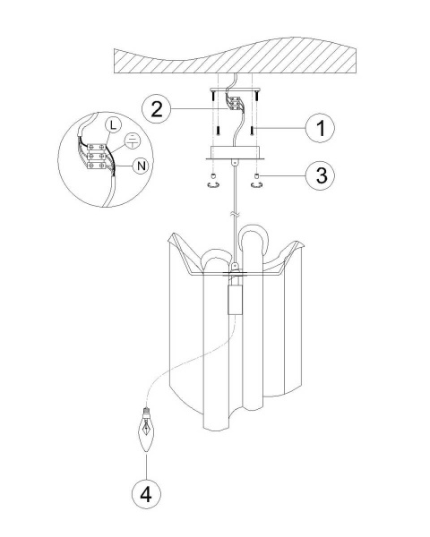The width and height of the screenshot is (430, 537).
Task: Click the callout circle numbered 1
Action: (x=320, y=128)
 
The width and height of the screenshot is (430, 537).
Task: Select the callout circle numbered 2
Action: (x=157, y=109)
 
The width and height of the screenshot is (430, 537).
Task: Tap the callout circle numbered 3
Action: (x=320, y=175)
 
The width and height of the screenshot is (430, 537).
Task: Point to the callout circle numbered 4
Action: (x=146, y=494)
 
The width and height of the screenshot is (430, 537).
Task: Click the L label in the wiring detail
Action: (x=113, y=125)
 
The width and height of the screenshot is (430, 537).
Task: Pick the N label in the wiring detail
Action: (x=141, y=166)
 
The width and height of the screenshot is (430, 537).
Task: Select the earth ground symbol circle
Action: (x=132, y=141)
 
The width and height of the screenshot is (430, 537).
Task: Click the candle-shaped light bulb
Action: (x=146, y=429)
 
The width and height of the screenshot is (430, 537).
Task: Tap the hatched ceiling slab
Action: (x=235, y=55)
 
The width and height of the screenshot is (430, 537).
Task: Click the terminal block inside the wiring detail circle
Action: (x=97, y=157)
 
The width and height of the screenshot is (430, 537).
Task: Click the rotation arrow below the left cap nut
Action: (x=213, y=185)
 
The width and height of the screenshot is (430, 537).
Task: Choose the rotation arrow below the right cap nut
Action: (x=256, y=185)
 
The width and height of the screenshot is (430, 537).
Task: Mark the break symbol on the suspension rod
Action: (x=235, y=215)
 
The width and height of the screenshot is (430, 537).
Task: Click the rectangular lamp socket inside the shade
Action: (x=235, y=300)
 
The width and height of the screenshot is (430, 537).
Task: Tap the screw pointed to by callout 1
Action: (x=252, y=131)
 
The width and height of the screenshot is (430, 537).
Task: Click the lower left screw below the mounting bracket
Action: (x=218, y=131)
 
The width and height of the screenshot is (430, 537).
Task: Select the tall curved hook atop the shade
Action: (x=254, y=238)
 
